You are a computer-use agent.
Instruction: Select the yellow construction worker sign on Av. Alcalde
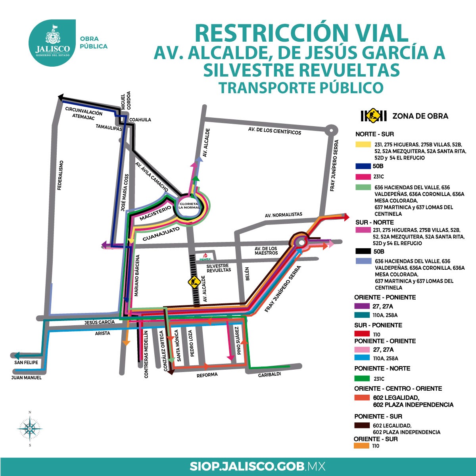tap(194, 282)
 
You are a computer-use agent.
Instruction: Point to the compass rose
tap(30, 429)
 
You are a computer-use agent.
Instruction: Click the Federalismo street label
tap(60, 175)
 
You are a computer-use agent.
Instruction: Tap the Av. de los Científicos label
tap(274, 131)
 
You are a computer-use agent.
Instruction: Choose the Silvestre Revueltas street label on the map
tap(219, 268)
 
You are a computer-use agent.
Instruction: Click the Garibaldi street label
tap(269, 374)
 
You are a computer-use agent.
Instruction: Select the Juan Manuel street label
tap(27, 378)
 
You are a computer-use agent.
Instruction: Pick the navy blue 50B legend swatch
tap(363, 167)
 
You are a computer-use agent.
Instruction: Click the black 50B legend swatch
tap(363, 251)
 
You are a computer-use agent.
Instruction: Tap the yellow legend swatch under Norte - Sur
tap(363, 144)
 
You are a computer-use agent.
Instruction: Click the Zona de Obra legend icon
tap(373, 116)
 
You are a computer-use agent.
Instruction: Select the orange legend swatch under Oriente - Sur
tap(361, 446)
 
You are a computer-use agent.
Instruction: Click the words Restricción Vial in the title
tap(301, 33)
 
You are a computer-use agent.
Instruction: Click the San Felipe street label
tap(26, 363)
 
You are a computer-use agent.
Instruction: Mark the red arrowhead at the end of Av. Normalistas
tap(346, 217)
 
